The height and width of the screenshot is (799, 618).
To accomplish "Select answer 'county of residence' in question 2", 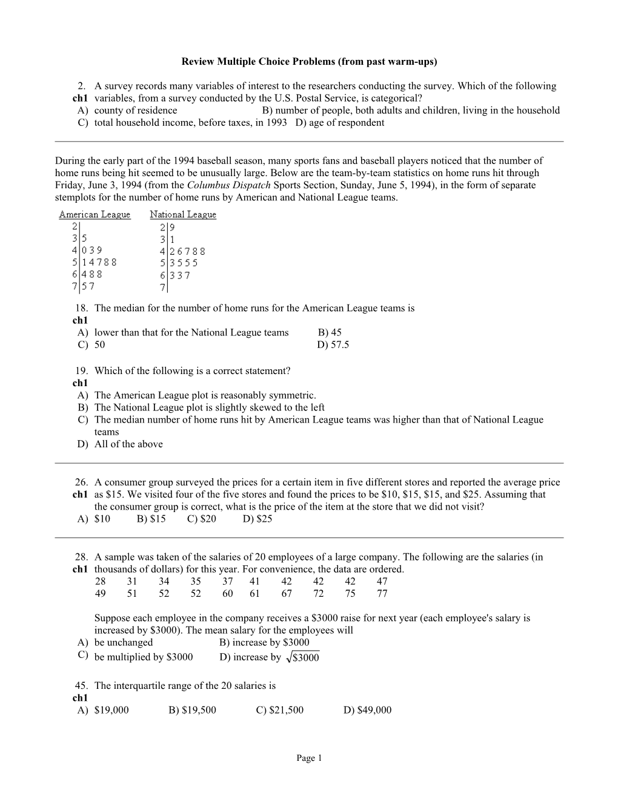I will [136, 110].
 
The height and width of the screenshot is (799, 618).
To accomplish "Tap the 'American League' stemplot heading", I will [95, 214].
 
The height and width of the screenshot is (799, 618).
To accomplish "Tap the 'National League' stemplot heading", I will [183, 214].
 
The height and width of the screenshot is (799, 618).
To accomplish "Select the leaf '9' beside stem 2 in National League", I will [172, 228].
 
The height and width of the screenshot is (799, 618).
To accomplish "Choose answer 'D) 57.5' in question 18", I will [333, 344].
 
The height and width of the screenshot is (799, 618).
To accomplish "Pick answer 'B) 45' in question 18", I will [330, 332].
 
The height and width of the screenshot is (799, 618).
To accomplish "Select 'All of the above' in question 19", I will [128, 444].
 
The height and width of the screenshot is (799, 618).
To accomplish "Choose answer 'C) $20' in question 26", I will [202, 519].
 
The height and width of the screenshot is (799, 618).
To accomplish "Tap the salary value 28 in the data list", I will [101, 581].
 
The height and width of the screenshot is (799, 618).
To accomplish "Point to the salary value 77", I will [382, 593].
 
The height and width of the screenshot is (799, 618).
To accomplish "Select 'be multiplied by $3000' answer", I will [144, 657].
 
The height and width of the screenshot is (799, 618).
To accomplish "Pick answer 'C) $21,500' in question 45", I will [280, 710].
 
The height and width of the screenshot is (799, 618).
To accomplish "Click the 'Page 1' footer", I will [309, 758].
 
